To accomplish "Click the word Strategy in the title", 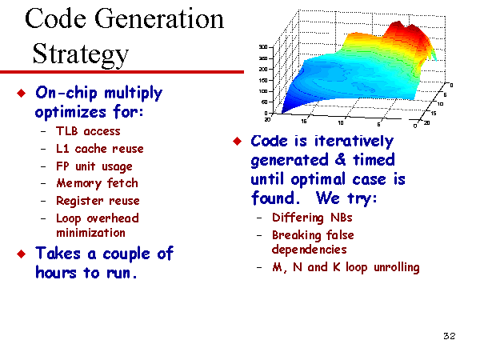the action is click(81, 54).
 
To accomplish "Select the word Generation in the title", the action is click(159, 19).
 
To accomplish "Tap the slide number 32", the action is click(449, 336).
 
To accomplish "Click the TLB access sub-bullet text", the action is click(88, 131).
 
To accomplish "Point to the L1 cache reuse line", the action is click(100, 149).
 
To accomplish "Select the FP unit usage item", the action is click(94, 166).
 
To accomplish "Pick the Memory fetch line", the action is click(97, 183).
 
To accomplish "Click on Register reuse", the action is click(98, 201).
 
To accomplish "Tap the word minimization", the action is click(90, 233).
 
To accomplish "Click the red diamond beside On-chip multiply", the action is click(22, 93).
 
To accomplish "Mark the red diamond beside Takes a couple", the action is click(22, 254).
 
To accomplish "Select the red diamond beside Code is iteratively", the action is click(238, 141).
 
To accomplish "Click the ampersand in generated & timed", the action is click(340, 160).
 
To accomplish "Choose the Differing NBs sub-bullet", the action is click(312, 218).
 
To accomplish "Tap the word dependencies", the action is click(309, 250).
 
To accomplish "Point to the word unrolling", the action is click(397, 267).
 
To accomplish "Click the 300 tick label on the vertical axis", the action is click(263, 47).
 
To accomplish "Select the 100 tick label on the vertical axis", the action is click(263, 91).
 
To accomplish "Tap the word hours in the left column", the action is click(56, 273).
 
